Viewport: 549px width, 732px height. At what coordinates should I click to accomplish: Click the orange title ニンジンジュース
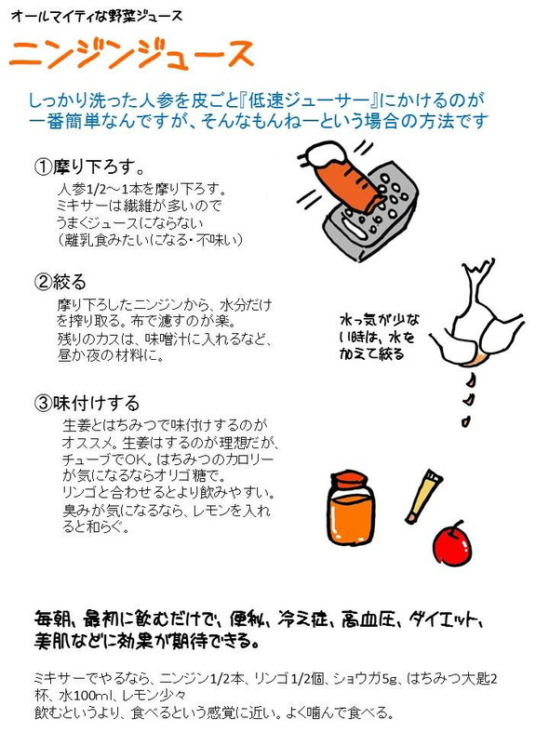(131, 54)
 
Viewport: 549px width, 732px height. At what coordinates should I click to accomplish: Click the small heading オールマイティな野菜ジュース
(96, 17)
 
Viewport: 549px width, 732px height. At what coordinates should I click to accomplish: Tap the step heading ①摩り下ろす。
(89, 166)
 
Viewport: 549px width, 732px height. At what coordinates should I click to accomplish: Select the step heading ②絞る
(60, 282)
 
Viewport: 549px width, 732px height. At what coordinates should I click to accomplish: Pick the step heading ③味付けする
(87, 403)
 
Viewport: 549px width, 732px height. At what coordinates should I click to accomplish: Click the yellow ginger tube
(423, 497)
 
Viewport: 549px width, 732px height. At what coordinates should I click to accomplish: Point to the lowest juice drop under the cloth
(465, 421)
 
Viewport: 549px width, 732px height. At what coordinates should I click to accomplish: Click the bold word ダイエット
(445, 620)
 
